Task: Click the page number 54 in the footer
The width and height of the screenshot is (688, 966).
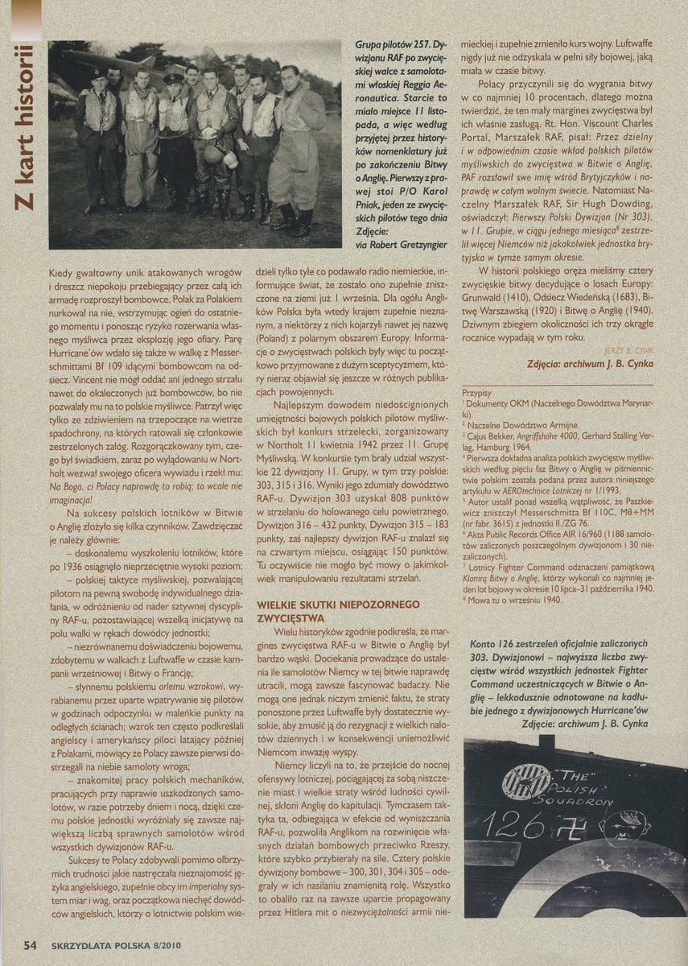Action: (x=31, y=945)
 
